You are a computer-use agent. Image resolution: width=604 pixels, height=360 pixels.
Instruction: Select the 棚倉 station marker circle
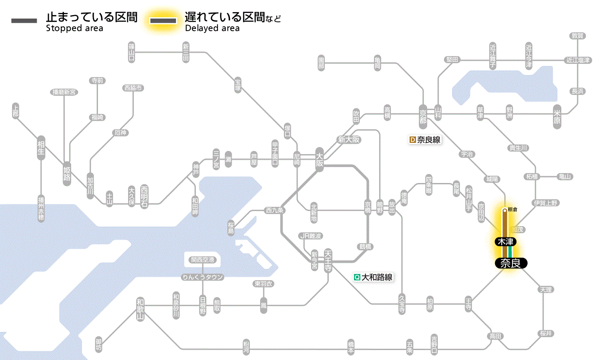click(x=504, y=211)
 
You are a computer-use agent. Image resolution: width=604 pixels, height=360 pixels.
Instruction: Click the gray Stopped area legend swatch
click(x=24, y=20)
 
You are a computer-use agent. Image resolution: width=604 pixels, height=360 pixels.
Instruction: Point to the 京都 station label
click(x=423, y=115)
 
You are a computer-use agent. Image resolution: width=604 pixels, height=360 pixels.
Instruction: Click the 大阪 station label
click(x=319, y=160)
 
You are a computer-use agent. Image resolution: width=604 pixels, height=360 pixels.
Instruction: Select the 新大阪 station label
click(x=349, y=140)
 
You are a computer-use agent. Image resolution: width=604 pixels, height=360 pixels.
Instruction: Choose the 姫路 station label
click(x=67, y=173)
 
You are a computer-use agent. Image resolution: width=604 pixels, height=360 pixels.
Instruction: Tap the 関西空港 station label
click(x=203, y=260)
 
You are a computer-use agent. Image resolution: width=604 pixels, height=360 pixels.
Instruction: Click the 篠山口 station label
click(x=132, y=52)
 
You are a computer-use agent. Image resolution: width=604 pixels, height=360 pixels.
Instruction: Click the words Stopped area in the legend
click(x=75, y=28)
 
